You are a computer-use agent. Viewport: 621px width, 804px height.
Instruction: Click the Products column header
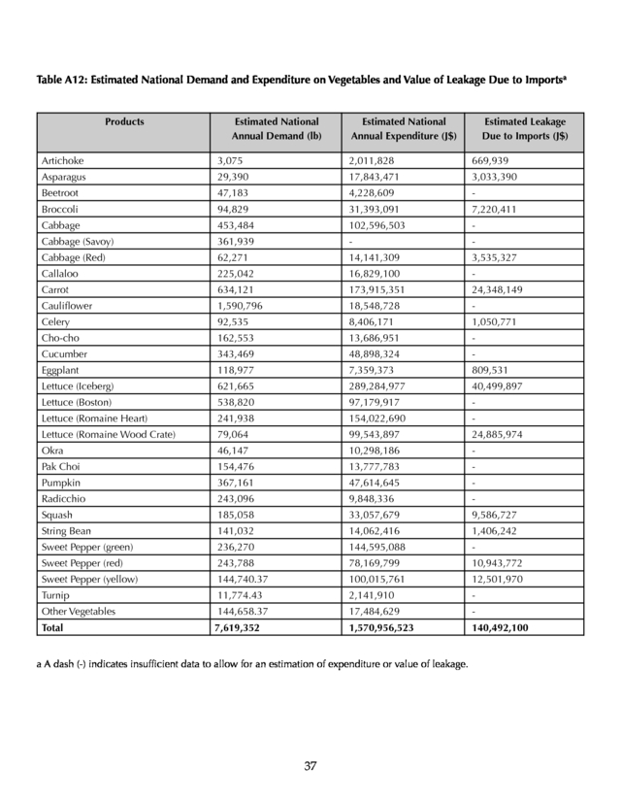click(x=124, y=121)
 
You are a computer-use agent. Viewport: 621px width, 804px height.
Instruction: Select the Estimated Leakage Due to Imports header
click(x=525, y=129)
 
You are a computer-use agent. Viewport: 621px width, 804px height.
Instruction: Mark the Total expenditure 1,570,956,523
click(x=395, y=627)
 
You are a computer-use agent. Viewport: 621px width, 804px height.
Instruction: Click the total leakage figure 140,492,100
click(x=505, y=627)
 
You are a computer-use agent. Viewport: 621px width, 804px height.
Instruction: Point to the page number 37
click(x=310, y=766)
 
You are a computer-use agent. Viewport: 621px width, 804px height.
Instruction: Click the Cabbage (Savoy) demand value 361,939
click(x=237, y=241)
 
